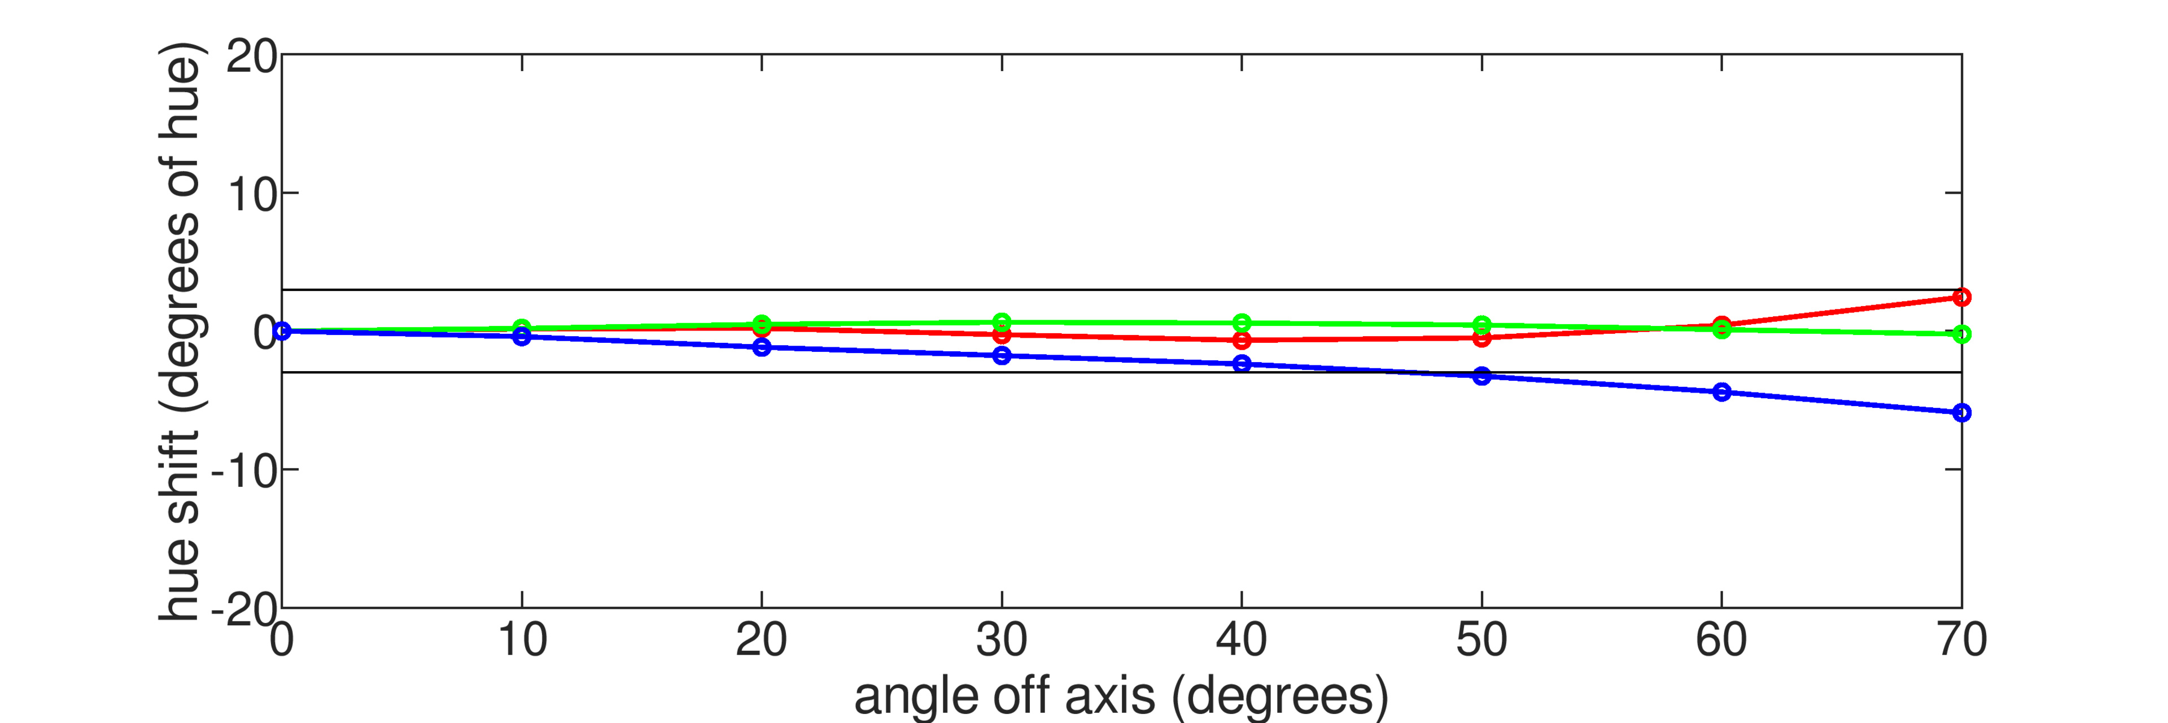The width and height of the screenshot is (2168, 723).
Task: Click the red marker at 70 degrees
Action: coord(1962,297)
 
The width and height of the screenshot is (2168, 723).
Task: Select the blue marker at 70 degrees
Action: coord(1962,412)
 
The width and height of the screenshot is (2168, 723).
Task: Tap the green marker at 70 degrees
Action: coord(1962,334)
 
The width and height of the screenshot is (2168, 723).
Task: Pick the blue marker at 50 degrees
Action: coord(1482,376)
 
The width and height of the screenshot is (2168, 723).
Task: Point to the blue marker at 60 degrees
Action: coord(1722,392)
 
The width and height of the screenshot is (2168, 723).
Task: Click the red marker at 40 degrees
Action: coord(1242,340)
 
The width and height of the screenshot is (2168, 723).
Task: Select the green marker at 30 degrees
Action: coord(1002,321)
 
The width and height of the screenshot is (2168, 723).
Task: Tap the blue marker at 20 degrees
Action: coord(762,347)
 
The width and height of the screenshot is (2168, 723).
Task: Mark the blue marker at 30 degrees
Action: coord(1002,356)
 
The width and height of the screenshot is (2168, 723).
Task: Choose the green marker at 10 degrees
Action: coord(522,328)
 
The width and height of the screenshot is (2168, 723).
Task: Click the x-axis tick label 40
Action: coord(1242,641)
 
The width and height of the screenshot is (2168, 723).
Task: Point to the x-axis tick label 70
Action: coord(1962,641)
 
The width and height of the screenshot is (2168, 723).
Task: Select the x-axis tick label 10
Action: coord(522,641)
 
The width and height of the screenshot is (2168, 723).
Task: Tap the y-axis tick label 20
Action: coord(251,57)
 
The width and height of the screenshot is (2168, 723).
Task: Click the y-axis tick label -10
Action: coord(244,471)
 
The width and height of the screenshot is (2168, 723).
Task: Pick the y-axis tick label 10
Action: coord(251,195)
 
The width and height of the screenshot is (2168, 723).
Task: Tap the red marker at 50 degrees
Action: coord(1482,338)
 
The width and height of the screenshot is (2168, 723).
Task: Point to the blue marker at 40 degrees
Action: coord(1242,364)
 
